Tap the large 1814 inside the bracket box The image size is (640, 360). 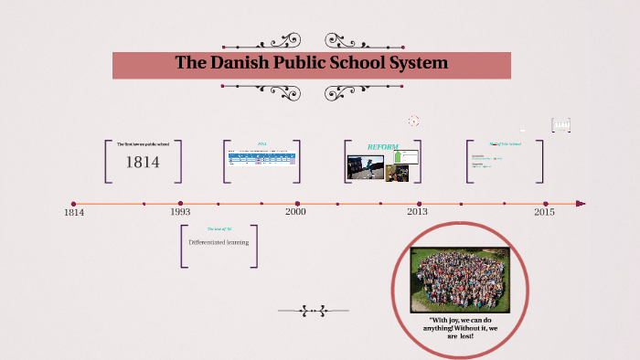tap(143, 163)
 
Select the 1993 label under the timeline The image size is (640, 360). tap(180, 212)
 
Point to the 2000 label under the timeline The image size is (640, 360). tap(295, 212)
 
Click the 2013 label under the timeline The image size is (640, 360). tap(418, 212)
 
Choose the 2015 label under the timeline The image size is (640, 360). tap(544, 212)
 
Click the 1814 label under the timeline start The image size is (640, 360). tap(74, 212)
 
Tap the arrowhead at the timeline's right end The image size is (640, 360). tap(581, 204)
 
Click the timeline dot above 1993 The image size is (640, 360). tap(180, 204)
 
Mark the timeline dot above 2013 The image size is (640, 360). tap(420, 204)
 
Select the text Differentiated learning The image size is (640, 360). tap(218, 242)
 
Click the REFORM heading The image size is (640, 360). tap(382, 146)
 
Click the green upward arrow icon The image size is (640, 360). tap(399, 157)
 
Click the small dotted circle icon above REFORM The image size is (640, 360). tap(414, 121)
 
